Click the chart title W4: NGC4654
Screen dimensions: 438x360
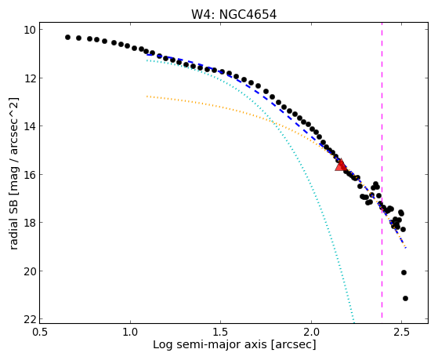(233, 15)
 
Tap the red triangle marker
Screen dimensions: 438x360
(341, 165)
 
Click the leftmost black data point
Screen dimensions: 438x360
(67, 37)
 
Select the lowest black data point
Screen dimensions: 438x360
(405, 299)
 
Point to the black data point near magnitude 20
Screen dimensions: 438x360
(404, 272)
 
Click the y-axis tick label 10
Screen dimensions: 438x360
(29, 30)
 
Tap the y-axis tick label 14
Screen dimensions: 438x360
(29, 126)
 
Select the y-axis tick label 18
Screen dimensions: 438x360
(29, 223)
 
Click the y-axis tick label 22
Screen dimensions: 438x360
(29, 319)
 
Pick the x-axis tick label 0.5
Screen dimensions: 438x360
(40, 332)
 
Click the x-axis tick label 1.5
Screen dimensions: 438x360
(221, 332)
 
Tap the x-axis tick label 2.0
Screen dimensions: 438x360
(311, 332)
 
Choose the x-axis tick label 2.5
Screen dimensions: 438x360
(401, 332)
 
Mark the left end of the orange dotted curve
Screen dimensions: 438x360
(147, 96)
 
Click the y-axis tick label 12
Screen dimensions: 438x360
(29, 78)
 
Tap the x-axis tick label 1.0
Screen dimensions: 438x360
(130, 332)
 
